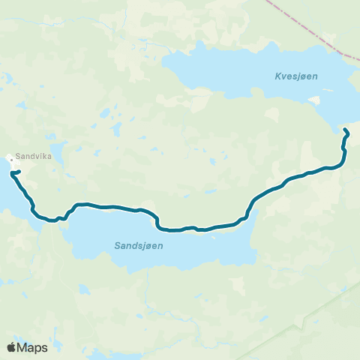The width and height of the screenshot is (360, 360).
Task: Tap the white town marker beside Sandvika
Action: [11, 159]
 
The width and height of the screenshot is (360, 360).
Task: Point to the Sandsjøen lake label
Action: [139, 245]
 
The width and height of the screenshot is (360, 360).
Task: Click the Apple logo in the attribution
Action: [12, 347]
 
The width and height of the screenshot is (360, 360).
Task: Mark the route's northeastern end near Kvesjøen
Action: [345, 131]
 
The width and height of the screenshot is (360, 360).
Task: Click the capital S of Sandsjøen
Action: [118, 245]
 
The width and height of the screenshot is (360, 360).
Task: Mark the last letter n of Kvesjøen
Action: [304, 75]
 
